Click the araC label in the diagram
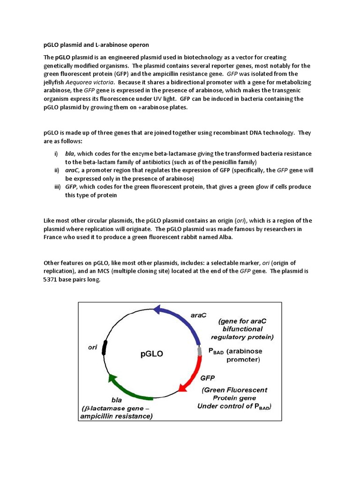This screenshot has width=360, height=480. tap(199, 315)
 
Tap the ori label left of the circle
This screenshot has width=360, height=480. tap(93, 348)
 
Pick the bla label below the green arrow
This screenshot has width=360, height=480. tap(117, 400)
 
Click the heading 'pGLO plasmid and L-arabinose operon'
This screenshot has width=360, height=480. tap(96, 45)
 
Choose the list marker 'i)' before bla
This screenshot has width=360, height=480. tap(56, 154)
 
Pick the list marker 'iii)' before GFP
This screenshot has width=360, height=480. tap(57, 187)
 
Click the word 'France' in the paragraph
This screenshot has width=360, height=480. tap(54, 237)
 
